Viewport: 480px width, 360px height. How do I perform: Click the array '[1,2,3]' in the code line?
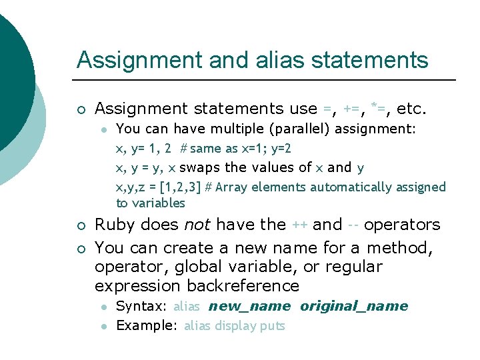point(179,187)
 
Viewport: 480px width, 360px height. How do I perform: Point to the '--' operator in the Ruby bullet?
point(353,225)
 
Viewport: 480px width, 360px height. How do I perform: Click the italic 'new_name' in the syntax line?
point(249,307)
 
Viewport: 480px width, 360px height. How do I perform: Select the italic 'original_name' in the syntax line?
point(353,307)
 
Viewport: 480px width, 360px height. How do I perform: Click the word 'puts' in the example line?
point(273,326)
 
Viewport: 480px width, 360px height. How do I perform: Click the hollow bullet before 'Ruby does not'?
point(80,225)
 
